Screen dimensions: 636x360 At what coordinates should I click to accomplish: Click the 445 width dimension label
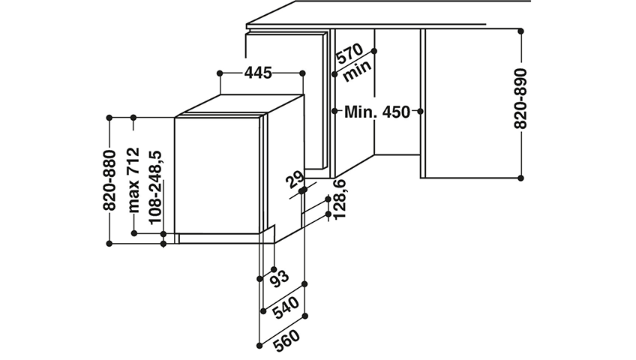pyautogui.click(x=258, y=73)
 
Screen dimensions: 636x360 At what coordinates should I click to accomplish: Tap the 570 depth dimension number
pyautogui.click(x=349, y=54)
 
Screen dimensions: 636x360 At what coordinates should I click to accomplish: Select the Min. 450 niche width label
pyautogui.click(x=377, y=112)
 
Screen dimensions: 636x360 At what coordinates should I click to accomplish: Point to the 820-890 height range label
pyautogui.click(x=520, y=98)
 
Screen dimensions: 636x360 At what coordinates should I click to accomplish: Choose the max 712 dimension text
pyautogui.click(x=133, y=181)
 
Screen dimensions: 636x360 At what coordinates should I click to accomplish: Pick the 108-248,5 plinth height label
pyautogui.click(x=155, y=187)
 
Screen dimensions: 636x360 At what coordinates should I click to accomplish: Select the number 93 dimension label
pyautogui.click(x=280, y=278)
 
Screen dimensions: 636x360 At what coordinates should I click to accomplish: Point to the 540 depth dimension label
pyautogui.click(x=286, y=307)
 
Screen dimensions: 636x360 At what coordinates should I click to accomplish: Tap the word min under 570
pyautogui.click(x=357, y=71)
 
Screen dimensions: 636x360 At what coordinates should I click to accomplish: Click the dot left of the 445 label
pyautogui.click(x=220, y=73)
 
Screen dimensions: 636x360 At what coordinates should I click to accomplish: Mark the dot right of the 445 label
pyautogui.click(x=302, y=73)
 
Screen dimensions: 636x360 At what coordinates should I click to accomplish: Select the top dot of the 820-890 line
pyautogui.click(x=520, y=31)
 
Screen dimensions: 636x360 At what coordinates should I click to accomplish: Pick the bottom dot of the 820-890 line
pyautogui.click(x=520, y=178)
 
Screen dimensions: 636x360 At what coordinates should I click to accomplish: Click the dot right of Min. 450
pyautogui.click(x=420, y=111)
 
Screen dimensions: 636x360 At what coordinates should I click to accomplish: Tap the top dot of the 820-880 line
pyautogui.click(x=109, y=118)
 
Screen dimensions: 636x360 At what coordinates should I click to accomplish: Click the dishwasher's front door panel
pyautogui.click(x=217, y=175)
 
